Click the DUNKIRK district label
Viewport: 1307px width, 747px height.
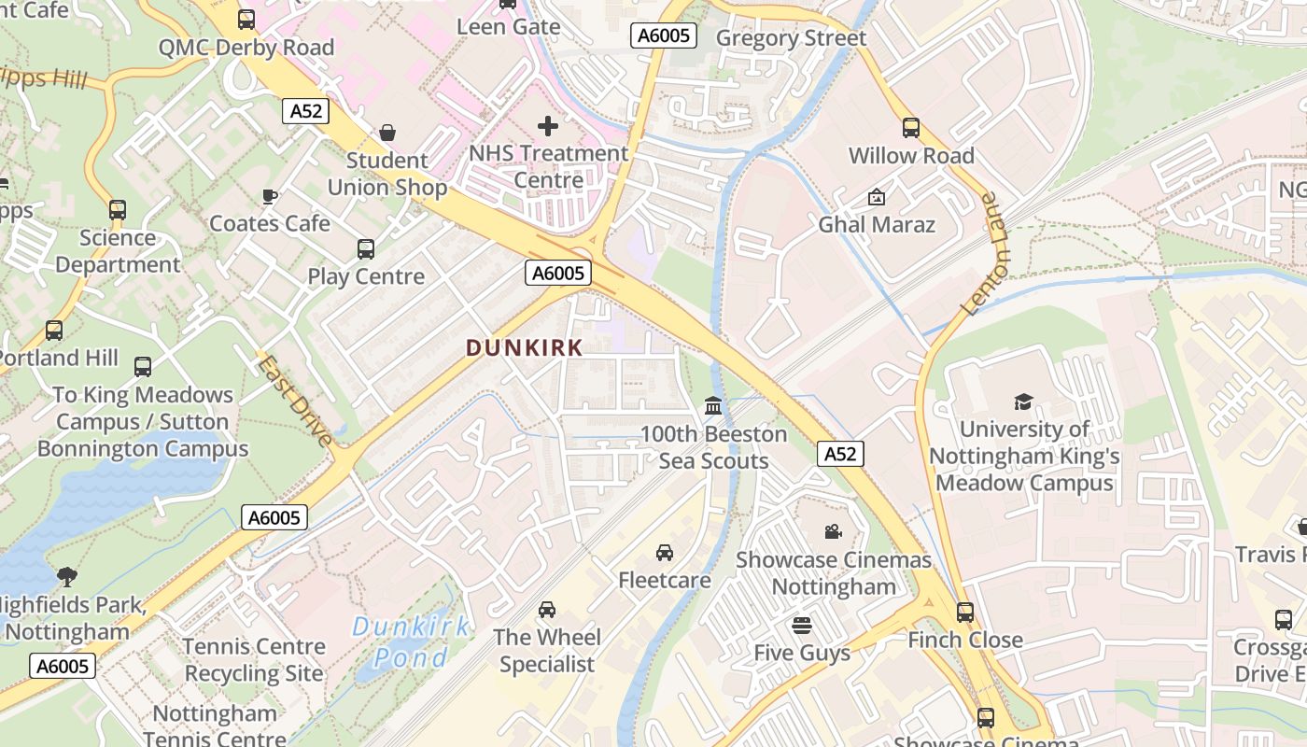[524, 348]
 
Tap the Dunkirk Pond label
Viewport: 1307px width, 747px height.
[411, 641]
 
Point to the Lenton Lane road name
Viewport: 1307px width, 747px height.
[988, 254]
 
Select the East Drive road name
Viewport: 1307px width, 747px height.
[295, 401]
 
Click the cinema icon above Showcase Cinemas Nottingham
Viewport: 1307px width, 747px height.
[833, 532]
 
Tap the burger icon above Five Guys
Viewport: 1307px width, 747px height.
[802, 625]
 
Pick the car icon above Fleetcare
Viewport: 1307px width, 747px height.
[665, 553]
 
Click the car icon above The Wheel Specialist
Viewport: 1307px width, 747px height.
[547, 610]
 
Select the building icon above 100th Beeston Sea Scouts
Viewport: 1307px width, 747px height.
[713, 406]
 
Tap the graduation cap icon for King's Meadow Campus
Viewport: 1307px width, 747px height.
[1024, 402]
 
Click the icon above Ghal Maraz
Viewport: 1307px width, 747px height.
[876, 197]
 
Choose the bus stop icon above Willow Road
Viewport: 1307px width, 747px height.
[910, 128]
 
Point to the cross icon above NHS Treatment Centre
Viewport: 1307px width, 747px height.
[548, 125]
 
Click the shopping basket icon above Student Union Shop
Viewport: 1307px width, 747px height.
[387, 133]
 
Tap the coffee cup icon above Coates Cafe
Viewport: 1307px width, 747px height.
[269, 196]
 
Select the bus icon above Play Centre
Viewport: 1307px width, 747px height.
[366, 249]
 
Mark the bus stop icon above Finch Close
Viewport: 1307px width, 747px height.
[965, 613]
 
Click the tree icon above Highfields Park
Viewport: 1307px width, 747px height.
[66, 576]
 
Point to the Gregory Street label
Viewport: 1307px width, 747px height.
[791, 38]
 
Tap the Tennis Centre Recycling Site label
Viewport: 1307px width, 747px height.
[254, 659]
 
